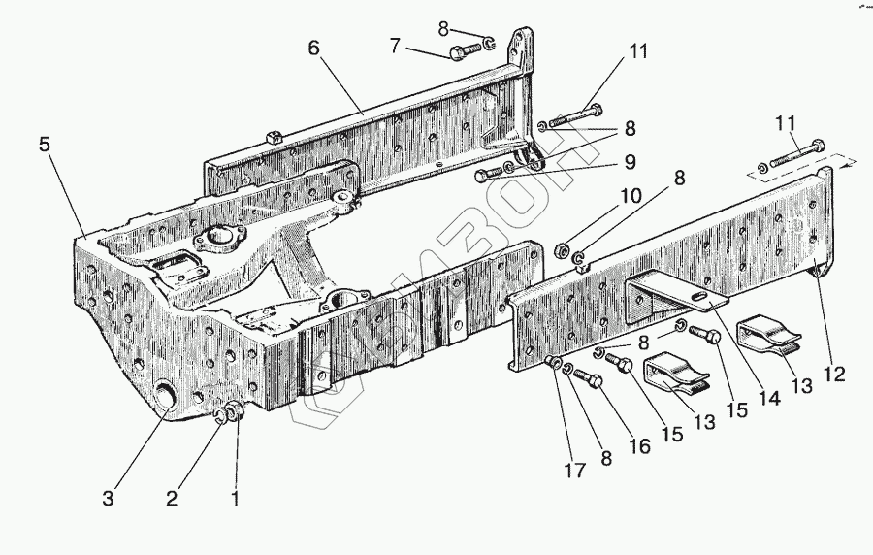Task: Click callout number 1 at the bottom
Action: pyautogui.click(x=234, y=500)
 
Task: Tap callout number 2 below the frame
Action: pyautogui.click(x=172, y=500)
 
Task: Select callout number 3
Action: pyautogui.click(x=109, y=500)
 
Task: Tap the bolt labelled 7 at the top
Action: pyautogui.click(x=465, y=49)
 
